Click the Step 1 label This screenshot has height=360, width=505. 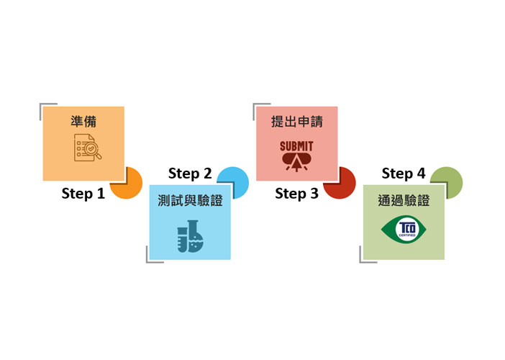click(x=83, y=194)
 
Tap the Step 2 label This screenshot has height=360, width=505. click(x=190, y=174)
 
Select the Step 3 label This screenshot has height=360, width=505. click(x=296, y=194)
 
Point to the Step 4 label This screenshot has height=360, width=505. click(x=404, y=174)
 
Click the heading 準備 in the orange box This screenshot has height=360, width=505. click(x=83, y=122)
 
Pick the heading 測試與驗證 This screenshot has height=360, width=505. click(x=190, y=200)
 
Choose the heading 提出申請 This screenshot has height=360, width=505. click(x=296, y=122)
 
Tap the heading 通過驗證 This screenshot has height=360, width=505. click(x=404, y=200)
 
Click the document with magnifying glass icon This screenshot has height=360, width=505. click(x=87, y=148)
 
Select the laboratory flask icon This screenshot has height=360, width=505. click(x=190, y=236)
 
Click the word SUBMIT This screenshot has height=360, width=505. click(x=296, y=146)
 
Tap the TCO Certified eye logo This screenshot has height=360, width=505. click(x=404, y=229)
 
